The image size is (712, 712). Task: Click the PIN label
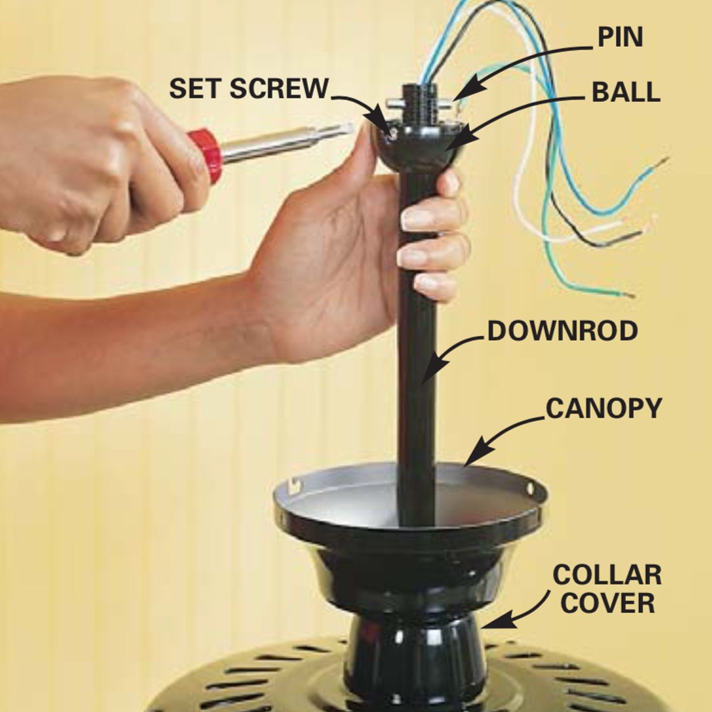point(620,37)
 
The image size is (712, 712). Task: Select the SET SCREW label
point(249,88)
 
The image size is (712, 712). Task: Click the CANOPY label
point(603,408)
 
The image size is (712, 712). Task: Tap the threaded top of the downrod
point(419,103)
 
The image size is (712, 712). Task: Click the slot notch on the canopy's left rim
point(295,485)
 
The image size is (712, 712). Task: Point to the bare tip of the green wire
point(627,295)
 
